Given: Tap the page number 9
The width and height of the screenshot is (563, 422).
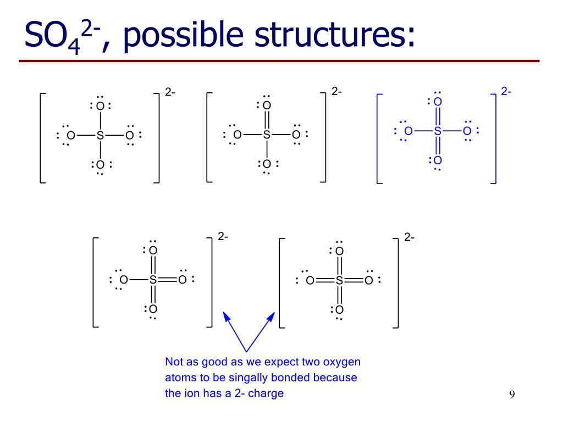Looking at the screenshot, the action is click(x=512, y=394).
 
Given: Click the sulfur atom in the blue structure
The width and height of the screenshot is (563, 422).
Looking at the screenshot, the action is click(x=438, y=131).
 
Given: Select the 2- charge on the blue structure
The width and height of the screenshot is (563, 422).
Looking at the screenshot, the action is click(x=506, y=92).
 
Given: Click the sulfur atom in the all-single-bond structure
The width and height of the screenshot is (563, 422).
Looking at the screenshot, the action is click(x=100, y=135).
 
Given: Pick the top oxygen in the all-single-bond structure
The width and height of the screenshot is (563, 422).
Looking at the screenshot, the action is click(x=100, y=106).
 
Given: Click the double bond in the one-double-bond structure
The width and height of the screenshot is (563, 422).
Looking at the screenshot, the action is click(x=267, y=120).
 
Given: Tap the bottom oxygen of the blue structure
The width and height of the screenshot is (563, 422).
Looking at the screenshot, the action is click(x=438, y=160).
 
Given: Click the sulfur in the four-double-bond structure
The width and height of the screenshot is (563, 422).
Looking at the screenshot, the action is click(x=339, y=281).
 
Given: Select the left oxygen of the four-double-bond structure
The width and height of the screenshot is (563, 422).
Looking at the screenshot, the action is click(x=310, y=281).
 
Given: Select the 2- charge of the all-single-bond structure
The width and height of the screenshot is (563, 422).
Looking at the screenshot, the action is click(x=170, y=92).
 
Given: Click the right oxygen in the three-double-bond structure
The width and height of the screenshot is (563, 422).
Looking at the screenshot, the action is click(x=182, y=280).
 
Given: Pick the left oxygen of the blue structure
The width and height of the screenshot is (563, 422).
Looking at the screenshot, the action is click(x=408, y=131).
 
